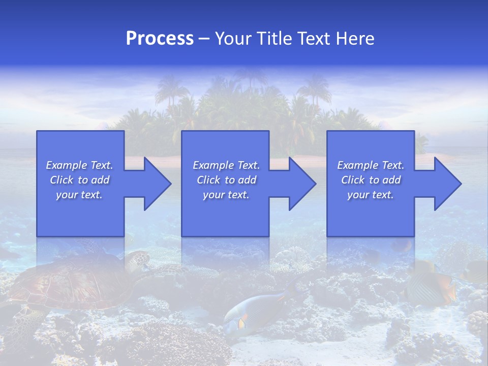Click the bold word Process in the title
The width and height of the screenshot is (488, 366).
pyautogui.click(x=160, y=39)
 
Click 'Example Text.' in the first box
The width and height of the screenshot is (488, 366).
pyautogui.click(x=80, y=165)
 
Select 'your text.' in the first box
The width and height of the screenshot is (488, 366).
pyautogui.click(x=80, y=195)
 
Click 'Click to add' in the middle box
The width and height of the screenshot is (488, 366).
pyautogui.click(x=226, y=180)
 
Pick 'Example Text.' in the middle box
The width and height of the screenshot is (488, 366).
pyautogui.click(x=226, y=165)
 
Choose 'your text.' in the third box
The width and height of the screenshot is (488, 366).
pyautogui.click(x=371, y=195)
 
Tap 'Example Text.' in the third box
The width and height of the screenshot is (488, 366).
pyautogui.click(x=371, y=165)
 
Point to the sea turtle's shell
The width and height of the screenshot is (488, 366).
pyautogui.click(x=71, y=282)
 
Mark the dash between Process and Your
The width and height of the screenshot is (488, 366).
pyautogui.click(x=204, y=39)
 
